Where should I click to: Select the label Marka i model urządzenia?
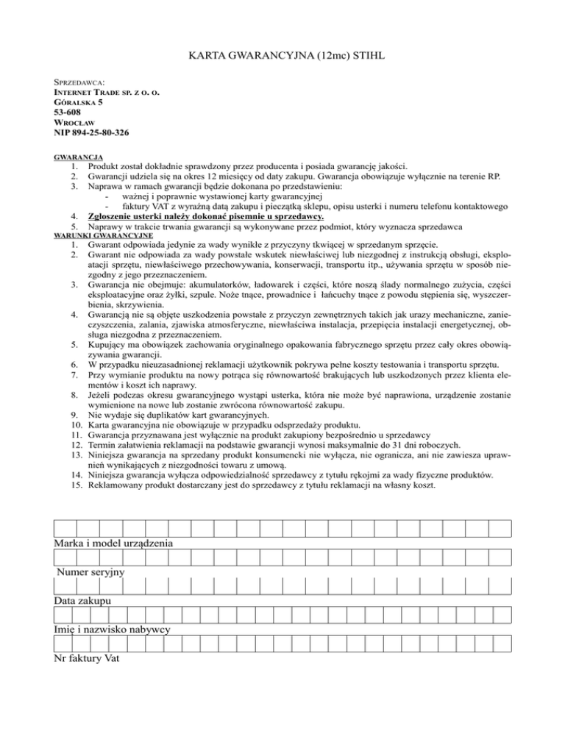click(x=114, y=543)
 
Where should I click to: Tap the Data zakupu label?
click(x=82, y=601)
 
